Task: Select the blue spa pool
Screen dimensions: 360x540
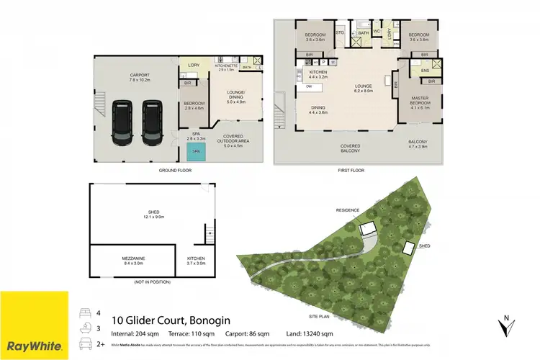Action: click(x=194, y=152)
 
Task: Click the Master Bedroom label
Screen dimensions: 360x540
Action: click(x=419, y=102)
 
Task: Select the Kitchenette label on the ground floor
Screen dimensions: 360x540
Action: click(x=228, y=65)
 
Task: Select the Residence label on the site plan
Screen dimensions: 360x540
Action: click(x=347, y=210)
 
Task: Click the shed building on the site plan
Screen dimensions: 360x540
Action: click(x=408, y=248)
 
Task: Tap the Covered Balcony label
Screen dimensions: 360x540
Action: click(x=351, y=148)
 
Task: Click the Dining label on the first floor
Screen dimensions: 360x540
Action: click(x=318, y=109)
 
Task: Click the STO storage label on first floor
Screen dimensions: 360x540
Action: click(x=340, y=32)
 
